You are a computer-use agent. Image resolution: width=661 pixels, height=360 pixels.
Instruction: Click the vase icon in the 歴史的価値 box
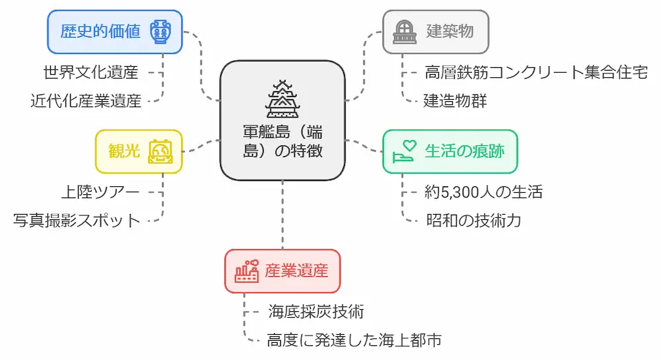coord(159,32)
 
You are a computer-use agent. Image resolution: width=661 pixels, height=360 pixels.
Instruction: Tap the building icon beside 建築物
coord(403,32)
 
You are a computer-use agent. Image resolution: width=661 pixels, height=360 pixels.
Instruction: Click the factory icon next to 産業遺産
coord(246,271)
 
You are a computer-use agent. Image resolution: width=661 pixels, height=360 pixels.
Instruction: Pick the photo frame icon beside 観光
coord(159,151)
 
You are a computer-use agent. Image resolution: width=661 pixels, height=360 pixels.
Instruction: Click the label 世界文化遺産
coord(91,71)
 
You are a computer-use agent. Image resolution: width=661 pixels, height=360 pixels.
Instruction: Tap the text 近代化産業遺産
coord(86,101)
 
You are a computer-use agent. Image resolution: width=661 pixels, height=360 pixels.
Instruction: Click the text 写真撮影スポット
coord(77,220)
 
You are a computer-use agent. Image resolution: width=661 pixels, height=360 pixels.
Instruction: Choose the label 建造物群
coord(455,101)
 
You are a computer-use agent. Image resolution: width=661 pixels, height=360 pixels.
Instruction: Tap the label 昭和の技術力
coord(474,220)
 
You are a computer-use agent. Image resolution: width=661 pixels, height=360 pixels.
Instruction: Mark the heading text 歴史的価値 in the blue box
coord(100,32)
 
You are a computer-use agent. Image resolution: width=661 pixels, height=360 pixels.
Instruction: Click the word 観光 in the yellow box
coord(124,151)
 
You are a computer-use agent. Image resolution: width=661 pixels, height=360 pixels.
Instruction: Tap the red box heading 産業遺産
coord(296,271)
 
